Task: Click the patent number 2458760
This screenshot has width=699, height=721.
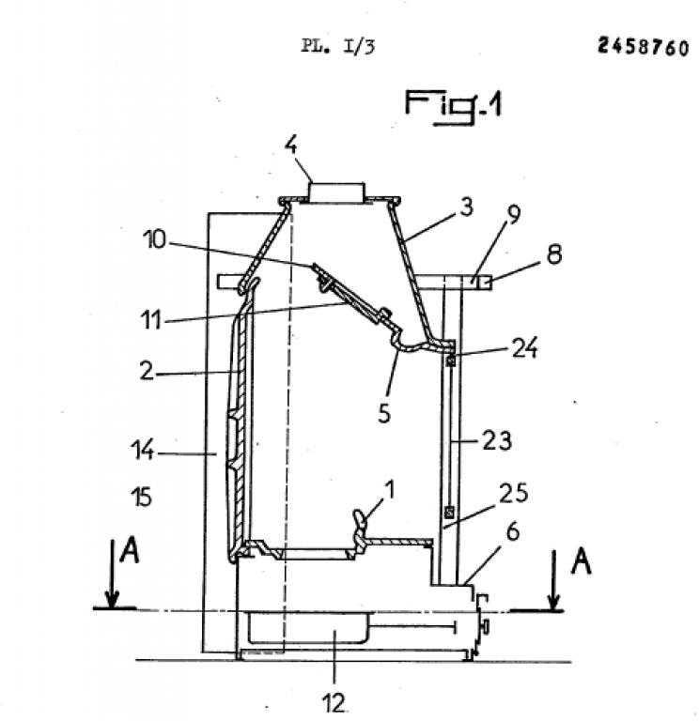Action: point(643,47)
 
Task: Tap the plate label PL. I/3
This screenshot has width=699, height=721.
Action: point(338,46)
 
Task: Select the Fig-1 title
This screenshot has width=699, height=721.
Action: point(453,106)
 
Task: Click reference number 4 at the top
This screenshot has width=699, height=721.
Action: point(291,146)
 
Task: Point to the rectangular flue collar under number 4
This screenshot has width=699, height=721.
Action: point(336,192)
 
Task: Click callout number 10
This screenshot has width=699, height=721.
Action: point(154,240)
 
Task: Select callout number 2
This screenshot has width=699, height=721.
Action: point(147,370)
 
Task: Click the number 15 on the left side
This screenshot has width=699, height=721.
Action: point(141,497)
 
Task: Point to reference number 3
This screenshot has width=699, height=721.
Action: point(466,207)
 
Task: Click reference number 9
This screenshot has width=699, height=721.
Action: point(514,215)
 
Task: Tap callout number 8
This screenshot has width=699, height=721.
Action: point(554,254)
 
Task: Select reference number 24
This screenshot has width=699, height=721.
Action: point(524,349)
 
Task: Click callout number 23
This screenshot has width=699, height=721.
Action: point(496,441)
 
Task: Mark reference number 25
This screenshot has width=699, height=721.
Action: point(514,493)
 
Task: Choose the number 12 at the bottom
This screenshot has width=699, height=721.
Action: point(334,703)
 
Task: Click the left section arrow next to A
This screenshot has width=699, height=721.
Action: point(112,574)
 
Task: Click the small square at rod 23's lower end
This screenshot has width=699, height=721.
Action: point(450,512)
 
